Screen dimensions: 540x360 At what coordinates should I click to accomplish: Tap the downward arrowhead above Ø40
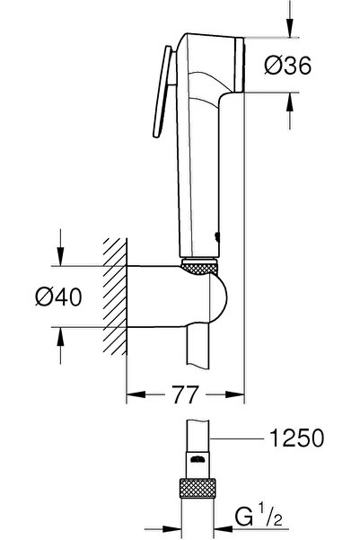click(61, 260)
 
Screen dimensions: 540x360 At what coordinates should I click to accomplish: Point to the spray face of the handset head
click(241, 66)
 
